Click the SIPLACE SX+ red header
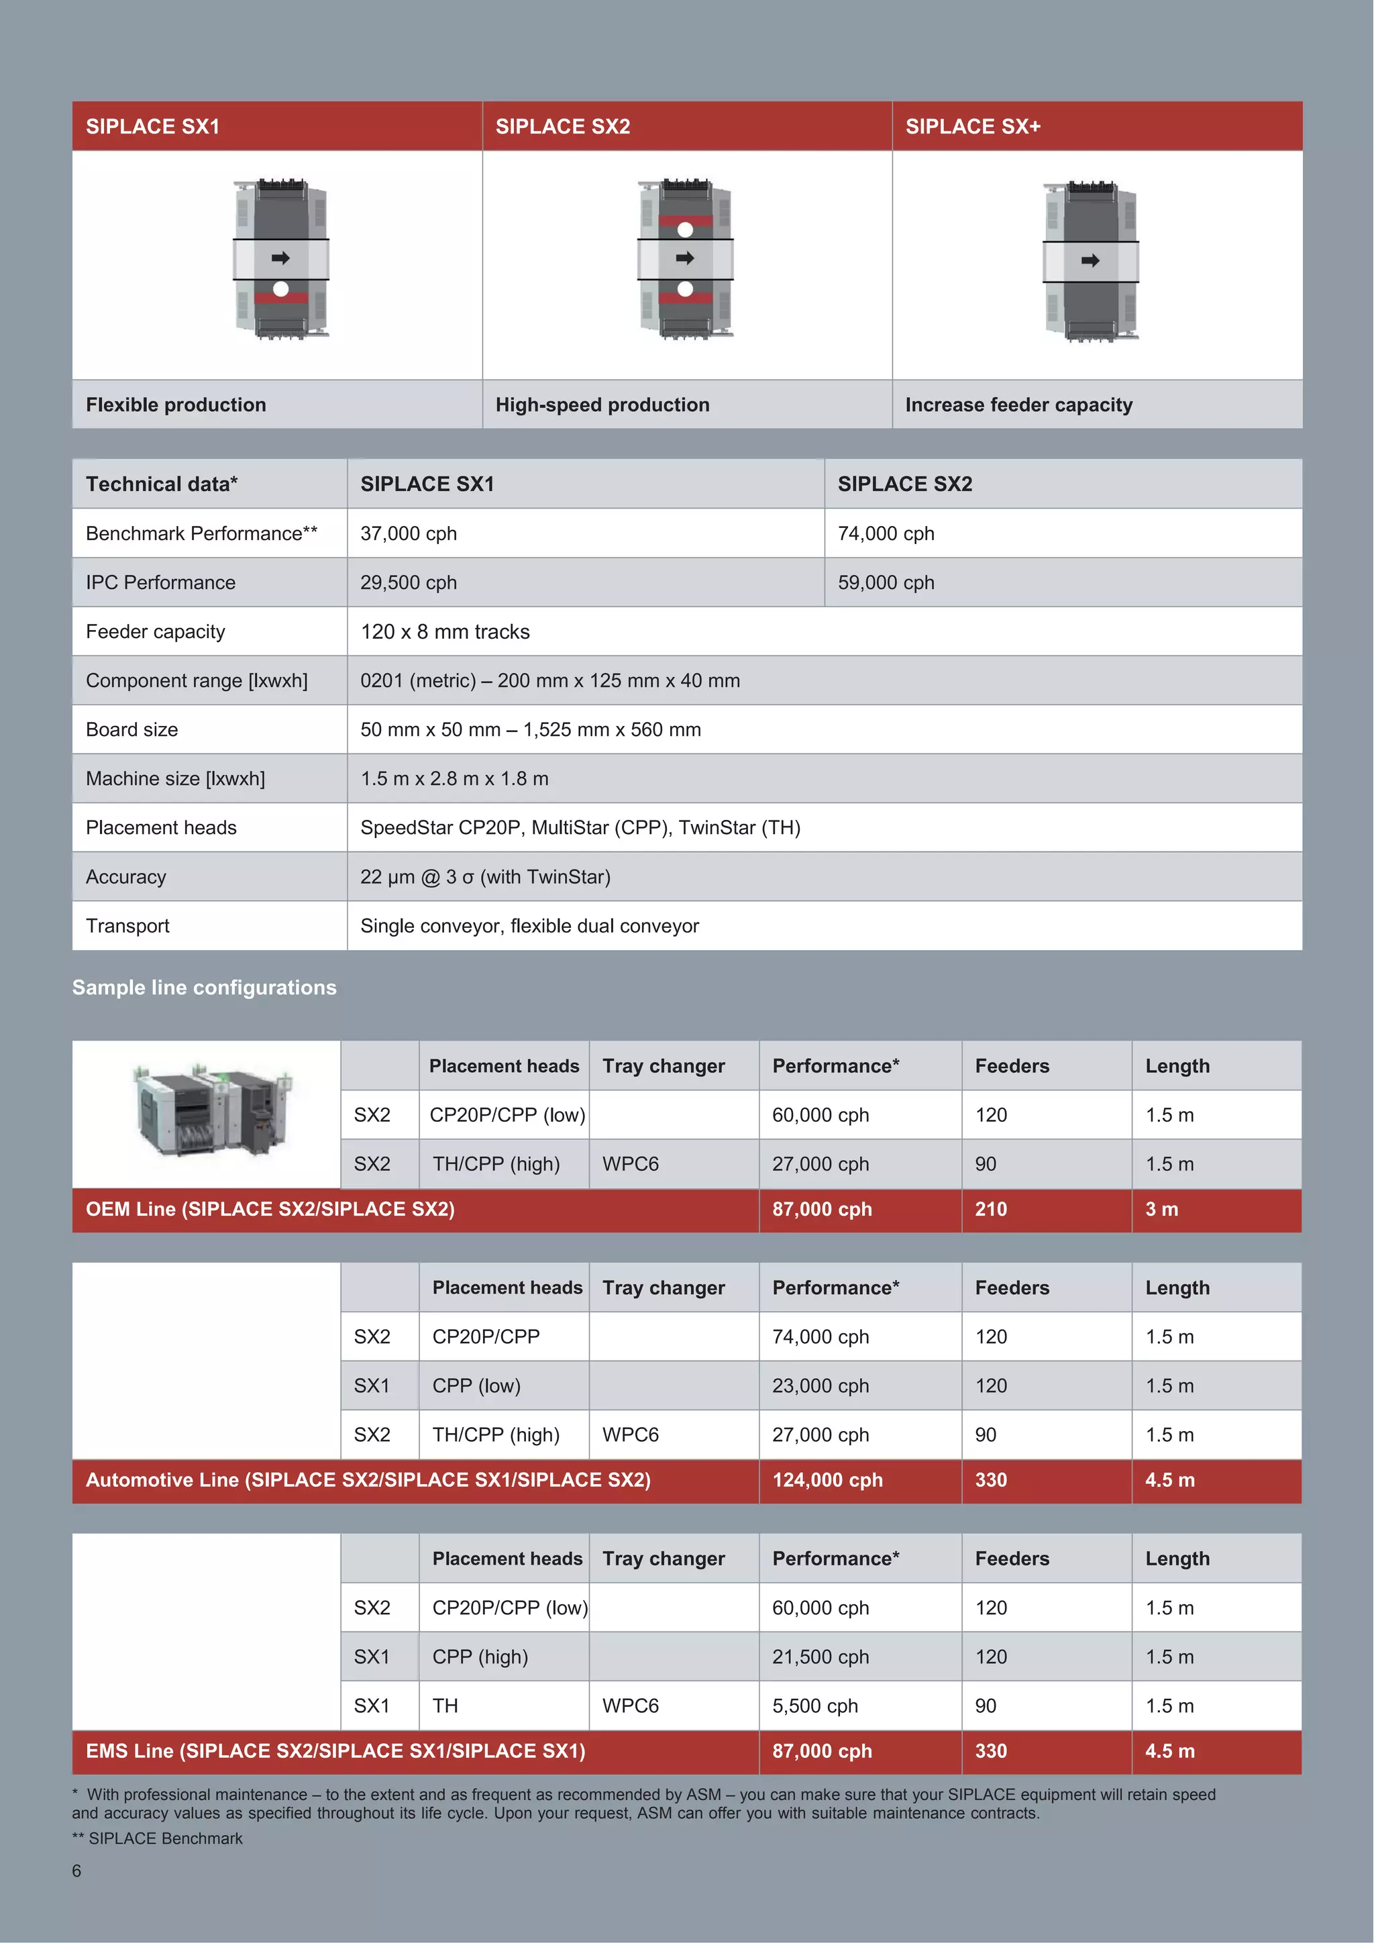pyautogui.click(x=1096, y=126)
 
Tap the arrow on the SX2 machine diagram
pyautogui.click(x=685, y=258)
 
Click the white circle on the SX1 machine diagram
pyautogui.click(x=281, y=289)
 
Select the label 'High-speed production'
pyautogui.click(x=602, y=405)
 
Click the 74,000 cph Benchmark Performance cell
pyautogui.click(x=886, y=533)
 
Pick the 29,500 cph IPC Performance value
pyautogui.click(x=409, y=582)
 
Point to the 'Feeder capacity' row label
pyautogui.click(x=156, y=631)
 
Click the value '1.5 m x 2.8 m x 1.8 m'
pyautogui.click(x=454, y=778)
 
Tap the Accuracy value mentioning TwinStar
pyautogui.click(x=485, y=877)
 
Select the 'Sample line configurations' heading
pyautogui.click(x=204, y=988)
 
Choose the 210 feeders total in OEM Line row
pyautogui.click(x=991, y=1209)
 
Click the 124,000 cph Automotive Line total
pyautogui.click(x=827, y=1480)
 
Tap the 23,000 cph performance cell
pyautogui.click(x=820, y=1385)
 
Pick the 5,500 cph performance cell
pyautogui.click(x=814, y=1705)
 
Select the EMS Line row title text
pyautogui.click(x=335, y=1751)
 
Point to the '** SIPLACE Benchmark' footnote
pyautogui.click(x=158, y=1838)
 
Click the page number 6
pyautogui.click(x=77, y=1871)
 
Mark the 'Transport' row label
pyautogui.click(x=127, y=926)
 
